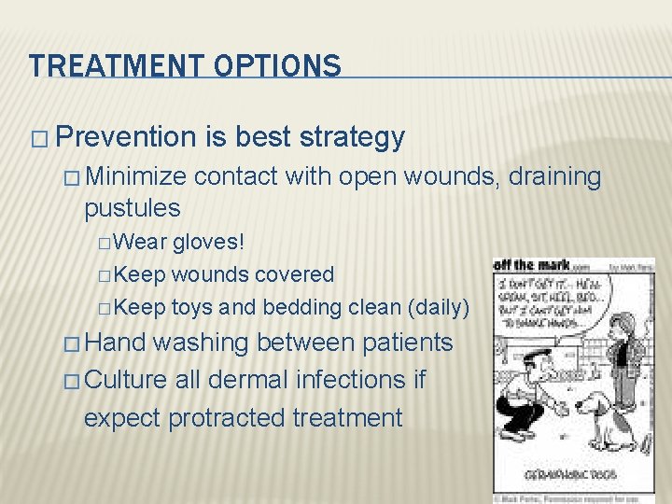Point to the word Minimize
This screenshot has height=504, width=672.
(x=139, y=175)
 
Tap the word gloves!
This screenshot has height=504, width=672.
(x=209, y=243)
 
